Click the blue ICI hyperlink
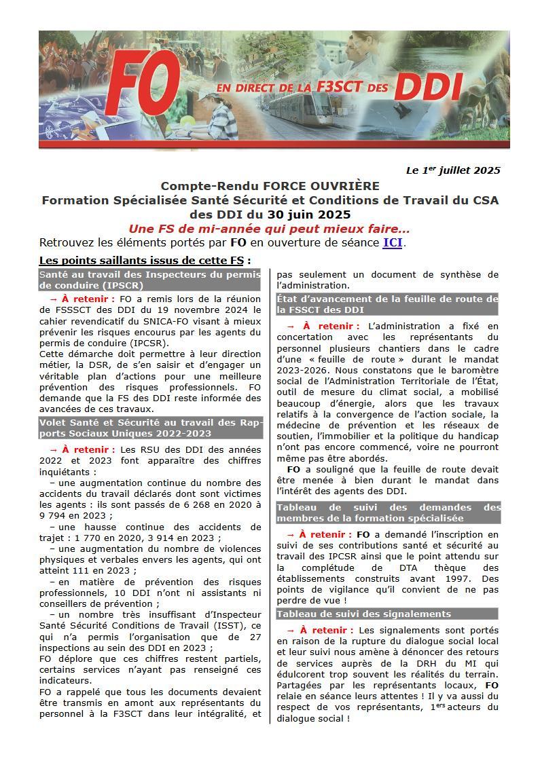point(393,242)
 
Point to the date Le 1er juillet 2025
point(453,170)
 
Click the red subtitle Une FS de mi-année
point(269,229)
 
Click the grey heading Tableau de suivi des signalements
point(363,614)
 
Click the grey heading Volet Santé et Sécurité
point(150,428)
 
